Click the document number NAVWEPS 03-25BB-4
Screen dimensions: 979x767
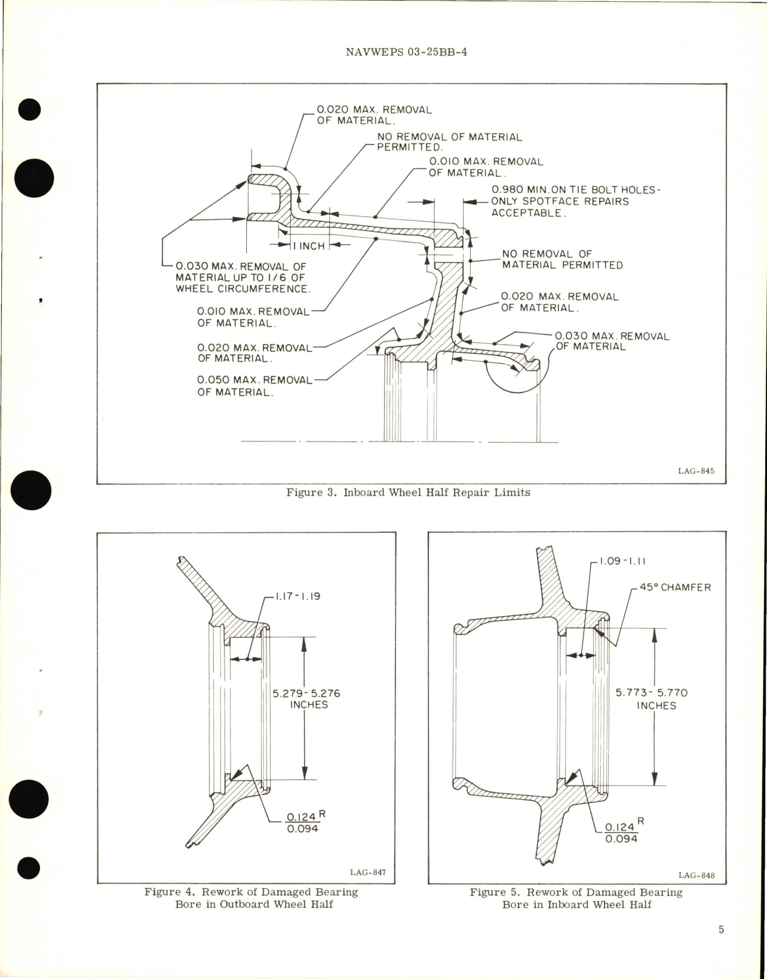[406, 52]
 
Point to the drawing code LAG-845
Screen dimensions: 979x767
[696, 471]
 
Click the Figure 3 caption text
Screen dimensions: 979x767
[408, 493]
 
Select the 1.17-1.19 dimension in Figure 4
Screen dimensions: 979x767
[297, 596]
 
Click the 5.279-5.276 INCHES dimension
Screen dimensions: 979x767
[306, 699]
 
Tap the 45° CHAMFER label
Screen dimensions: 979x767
[676, 587]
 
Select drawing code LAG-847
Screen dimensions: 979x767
[368, 872]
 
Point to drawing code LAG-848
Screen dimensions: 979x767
[697, 876]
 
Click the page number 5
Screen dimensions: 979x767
[721, 946]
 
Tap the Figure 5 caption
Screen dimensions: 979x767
[576, 898]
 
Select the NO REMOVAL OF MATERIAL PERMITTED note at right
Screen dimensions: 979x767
[562, 259]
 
